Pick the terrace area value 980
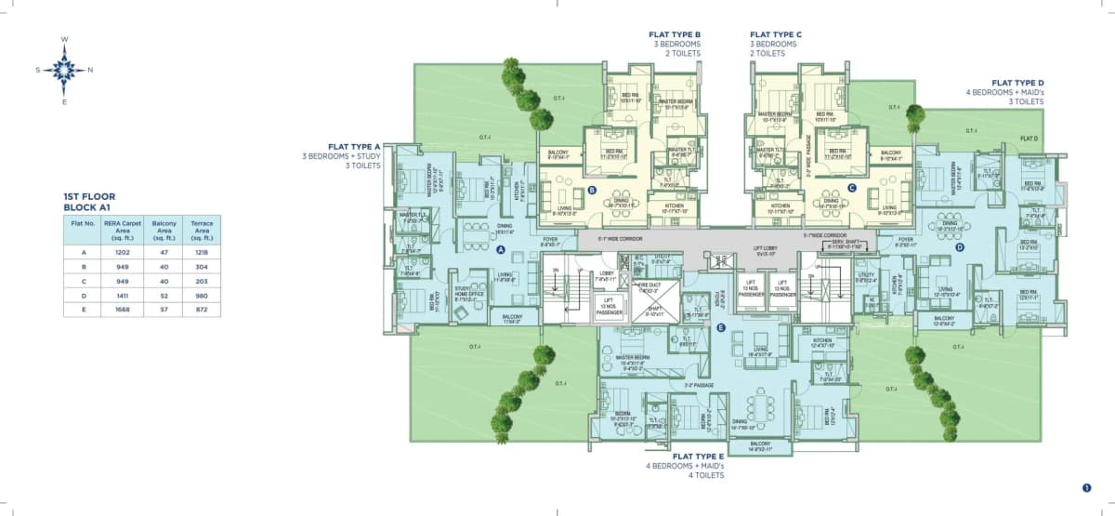click(x=201, y=294)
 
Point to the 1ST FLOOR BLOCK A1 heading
click(x=89, y=202)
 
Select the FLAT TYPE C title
click(x=776, y=34)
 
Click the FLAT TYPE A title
click(x=354, y=147)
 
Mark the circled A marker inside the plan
click(x=500, y=250)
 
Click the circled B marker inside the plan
click(x=592, y=191)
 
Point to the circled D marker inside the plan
click(x=960, y=246)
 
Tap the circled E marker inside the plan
click(x=721, y=326)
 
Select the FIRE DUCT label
click(x=649, y=287)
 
